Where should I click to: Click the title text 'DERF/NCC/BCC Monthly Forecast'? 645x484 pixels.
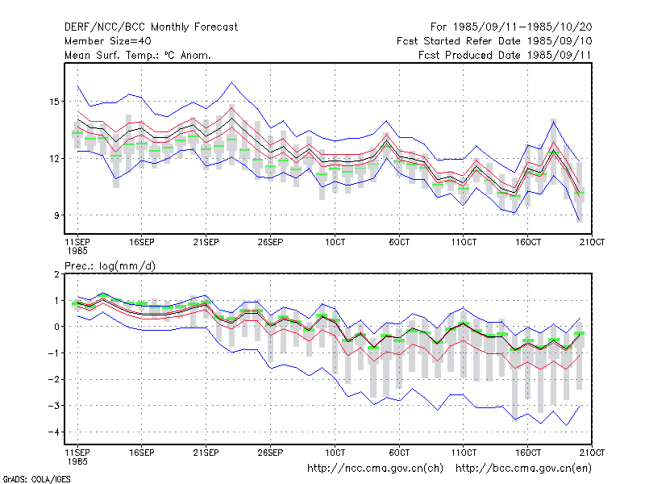click(x=151, y=27)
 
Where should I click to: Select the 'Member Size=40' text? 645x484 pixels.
click(x=108, y=41)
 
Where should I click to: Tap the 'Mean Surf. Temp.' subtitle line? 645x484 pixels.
click(x=138, y=55)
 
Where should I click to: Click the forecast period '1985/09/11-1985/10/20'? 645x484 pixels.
click(x=522, y=27)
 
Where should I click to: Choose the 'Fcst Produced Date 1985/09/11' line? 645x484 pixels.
click(x=505, y=55)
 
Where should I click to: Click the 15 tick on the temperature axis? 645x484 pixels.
click(x=54, y=102)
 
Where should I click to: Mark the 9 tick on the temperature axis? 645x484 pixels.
click(x=56, y=215)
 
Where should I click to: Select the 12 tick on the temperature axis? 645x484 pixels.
click(x=54, y=158)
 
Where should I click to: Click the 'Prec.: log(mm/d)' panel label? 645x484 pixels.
click(x=110, y=266)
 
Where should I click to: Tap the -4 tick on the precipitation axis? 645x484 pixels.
click(x=53, y=432)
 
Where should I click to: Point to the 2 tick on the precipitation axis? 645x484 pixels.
click(x=56, y=274)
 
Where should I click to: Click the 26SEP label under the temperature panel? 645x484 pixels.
click(x=270, y=242)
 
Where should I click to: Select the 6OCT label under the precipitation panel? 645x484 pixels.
click(x=399, y=453)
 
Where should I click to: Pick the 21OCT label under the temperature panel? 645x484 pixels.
click(x=592, y=242)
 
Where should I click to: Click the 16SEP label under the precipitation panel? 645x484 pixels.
click(x=142, y=453)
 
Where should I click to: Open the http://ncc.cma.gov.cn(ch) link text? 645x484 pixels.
click(x=375, y=469)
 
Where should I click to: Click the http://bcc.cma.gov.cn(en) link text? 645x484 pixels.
click(x=523, y=469)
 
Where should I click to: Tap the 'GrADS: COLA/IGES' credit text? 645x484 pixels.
click(x=36, y=479)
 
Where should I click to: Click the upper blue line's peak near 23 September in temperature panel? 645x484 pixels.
click(x=232, y=82)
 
